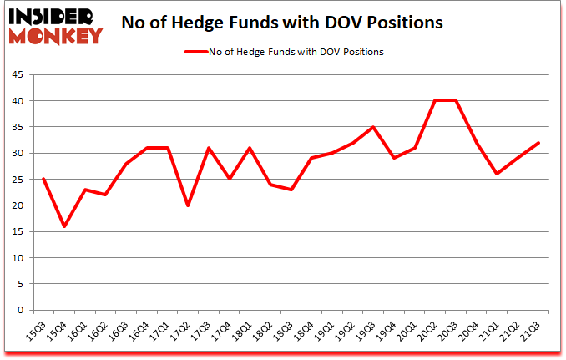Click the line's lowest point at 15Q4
[x=64, y=226]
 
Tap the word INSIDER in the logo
[x=52, y=14]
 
